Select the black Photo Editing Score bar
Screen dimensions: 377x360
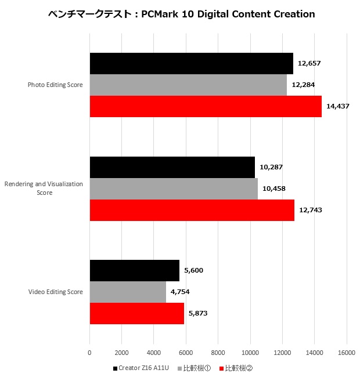tap(191, 63)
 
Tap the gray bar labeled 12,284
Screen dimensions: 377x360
tap(188, 85)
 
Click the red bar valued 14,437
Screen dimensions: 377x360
tap(206, 106)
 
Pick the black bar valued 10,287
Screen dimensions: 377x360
tap(172, 167)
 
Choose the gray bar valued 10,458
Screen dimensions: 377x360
tap(174, 188)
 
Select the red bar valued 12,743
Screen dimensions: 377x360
tap(192, 210)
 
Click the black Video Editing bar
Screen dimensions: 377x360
tap(135, 270)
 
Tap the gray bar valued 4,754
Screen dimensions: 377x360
tap(128, 292)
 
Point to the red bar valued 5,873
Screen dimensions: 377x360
tap(136, 313)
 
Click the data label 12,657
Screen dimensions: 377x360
tap(309, 63)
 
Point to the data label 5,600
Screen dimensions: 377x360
tap(193, 270)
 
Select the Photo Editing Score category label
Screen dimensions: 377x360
tap(55, 85)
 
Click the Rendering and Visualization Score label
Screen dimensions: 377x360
tap(44, 188)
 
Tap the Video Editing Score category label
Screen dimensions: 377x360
tap(55, 292)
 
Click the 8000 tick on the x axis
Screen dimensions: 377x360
tap(218, 352)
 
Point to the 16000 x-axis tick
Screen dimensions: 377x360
tap(347, 352)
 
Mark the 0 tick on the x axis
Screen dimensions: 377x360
tap(89, 352)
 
